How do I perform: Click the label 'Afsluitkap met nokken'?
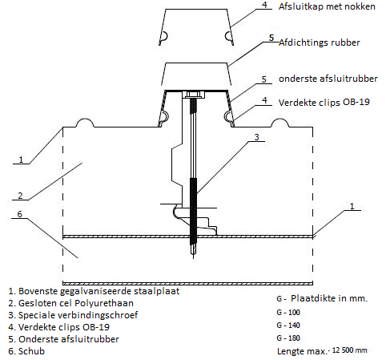(x=327, y=6)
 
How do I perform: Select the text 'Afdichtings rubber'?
(x=320, y=42)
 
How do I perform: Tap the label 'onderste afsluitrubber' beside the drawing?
(x=328, y=79)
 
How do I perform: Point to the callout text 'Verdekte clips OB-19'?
(x=324, y=103)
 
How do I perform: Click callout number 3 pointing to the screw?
(x=256, y=137)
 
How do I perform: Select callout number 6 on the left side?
(x=20, y=214)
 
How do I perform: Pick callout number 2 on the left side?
(x=20, y=196)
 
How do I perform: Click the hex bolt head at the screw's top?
(x=194, y=95)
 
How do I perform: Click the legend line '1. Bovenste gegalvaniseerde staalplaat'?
(x=94, y=291)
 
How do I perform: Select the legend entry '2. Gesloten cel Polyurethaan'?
(x=70, y=303)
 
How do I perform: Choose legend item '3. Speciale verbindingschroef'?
(x=73, y=315)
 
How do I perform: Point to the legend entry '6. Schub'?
(x=26, y=351)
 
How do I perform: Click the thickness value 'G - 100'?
(x=288, y=313)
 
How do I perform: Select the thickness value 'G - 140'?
(x=288, y=326)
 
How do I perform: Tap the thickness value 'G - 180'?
(x=288, y=338)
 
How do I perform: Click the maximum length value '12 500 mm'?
(x=349, y=350)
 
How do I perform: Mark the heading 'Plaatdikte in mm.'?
(x=329, y=298)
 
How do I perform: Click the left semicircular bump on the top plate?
(x=86, y=123)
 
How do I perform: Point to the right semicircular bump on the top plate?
(x=279, y=123)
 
